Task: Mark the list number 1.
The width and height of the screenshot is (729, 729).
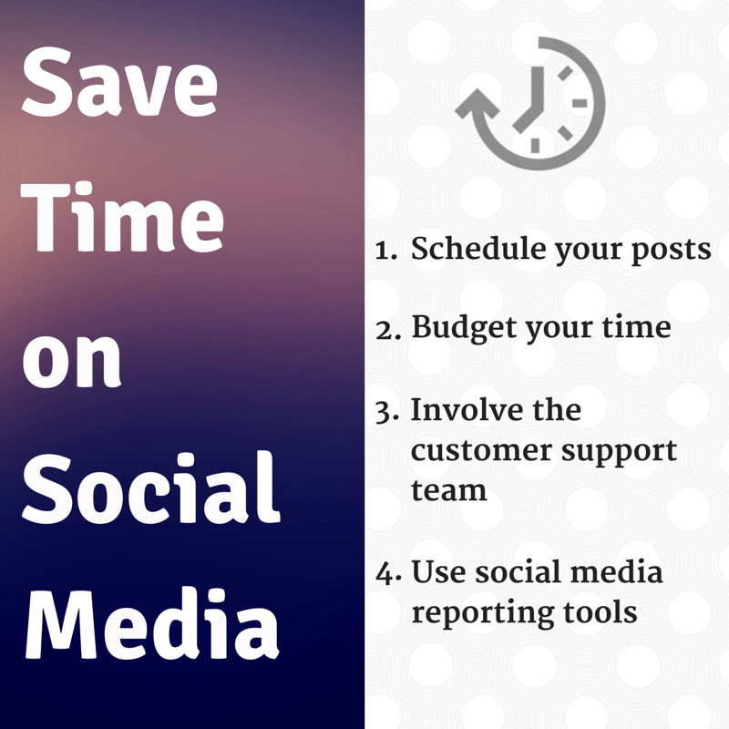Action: click(385, 251)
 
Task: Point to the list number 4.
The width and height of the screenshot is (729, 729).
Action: click(385, 574)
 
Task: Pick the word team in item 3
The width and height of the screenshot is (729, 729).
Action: click(448, 490)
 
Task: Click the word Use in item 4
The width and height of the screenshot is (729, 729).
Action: click(436, 573)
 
